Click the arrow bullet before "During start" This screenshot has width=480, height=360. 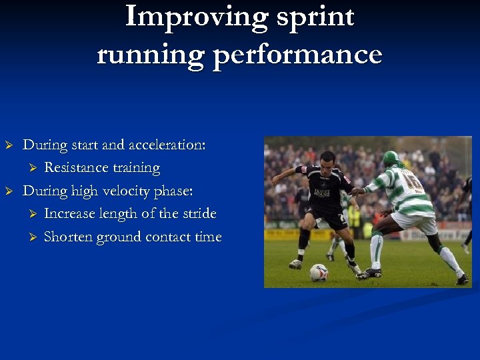[x=9, y=145]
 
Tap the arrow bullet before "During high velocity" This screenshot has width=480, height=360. [x=9, y=191]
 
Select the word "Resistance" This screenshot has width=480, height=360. [x=77, y=168]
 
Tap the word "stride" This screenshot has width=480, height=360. [x=197, y=214]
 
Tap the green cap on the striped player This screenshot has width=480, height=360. [x=391, y=158]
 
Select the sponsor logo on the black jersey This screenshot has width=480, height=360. [x=323, y=193]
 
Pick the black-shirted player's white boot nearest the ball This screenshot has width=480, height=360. [x=296, y=264]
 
